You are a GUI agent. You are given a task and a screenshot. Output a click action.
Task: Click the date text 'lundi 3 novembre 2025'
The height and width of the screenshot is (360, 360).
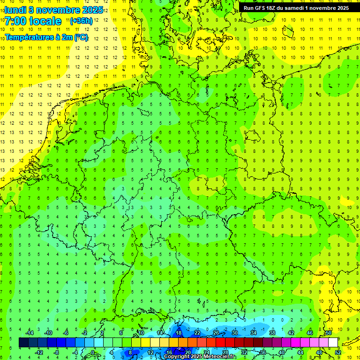point(54,10)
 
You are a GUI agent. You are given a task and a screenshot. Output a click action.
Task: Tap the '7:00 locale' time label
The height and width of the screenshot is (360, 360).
point(33,21)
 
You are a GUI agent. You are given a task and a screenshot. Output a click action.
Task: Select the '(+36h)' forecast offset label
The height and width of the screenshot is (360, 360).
point(81,21)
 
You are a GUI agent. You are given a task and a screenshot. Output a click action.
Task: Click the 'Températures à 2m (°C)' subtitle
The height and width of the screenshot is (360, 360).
point(46,37)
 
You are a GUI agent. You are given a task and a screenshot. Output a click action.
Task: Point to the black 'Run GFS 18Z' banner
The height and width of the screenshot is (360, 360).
point(299,8)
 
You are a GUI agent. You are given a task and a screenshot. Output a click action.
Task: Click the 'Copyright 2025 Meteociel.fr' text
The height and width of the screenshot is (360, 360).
point(200,357)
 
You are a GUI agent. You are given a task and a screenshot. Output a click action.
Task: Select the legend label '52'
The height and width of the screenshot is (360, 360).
point(338,352)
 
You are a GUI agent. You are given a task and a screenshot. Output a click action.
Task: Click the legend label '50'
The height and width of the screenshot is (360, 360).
point(329,333)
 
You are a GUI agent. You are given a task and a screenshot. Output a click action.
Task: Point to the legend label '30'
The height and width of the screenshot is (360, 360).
point(235,333)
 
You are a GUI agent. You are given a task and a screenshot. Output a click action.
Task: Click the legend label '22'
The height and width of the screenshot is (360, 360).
point(197,333)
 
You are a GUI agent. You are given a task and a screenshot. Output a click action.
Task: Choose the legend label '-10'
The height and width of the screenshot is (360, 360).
point(48,333)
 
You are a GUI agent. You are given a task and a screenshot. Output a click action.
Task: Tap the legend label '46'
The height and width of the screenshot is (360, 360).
point(310,333)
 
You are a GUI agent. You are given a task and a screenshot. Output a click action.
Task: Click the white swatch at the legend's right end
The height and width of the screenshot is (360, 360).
point(333,343)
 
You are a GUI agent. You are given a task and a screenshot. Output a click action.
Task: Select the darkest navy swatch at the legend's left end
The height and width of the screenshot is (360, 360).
point(23,343)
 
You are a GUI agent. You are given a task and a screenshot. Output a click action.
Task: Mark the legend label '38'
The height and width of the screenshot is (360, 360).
point(272,333)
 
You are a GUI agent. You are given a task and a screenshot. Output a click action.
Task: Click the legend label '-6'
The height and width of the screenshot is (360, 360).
point(66,333)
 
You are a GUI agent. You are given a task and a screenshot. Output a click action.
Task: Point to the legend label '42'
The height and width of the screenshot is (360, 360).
point(291,333)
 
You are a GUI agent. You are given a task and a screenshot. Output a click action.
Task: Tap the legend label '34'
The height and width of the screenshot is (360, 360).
point(254,333)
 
